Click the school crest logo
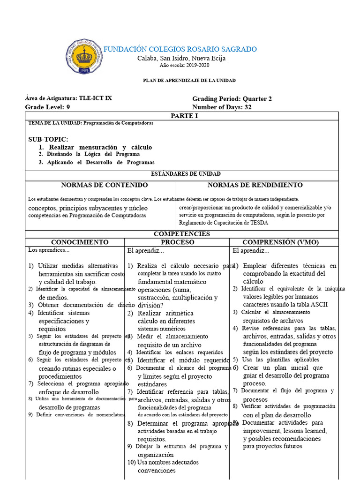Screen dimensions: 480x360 85,56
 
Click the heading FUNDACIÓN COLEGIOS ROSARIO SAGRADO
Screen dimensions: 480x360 180,49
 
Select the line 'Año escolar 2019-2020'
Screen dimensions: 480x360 181,65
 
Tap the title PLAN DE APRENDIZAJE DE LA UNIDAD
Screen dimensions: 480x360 189,81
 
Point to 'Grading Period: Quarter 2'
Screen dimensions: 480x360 232,99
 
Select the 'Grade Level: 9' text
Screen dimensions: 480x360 47,107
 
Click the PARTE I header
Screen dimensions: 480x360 181,116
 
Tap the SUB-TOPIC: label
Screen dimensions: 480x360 48,139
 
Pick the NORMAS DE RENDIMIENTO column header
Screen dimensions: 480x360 255,185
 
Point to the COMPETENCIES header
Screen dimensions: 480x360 181,234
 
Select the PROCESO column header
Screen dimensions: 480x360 177,242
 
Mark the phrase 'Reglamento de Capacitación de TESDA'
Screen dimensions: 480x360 224,223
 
